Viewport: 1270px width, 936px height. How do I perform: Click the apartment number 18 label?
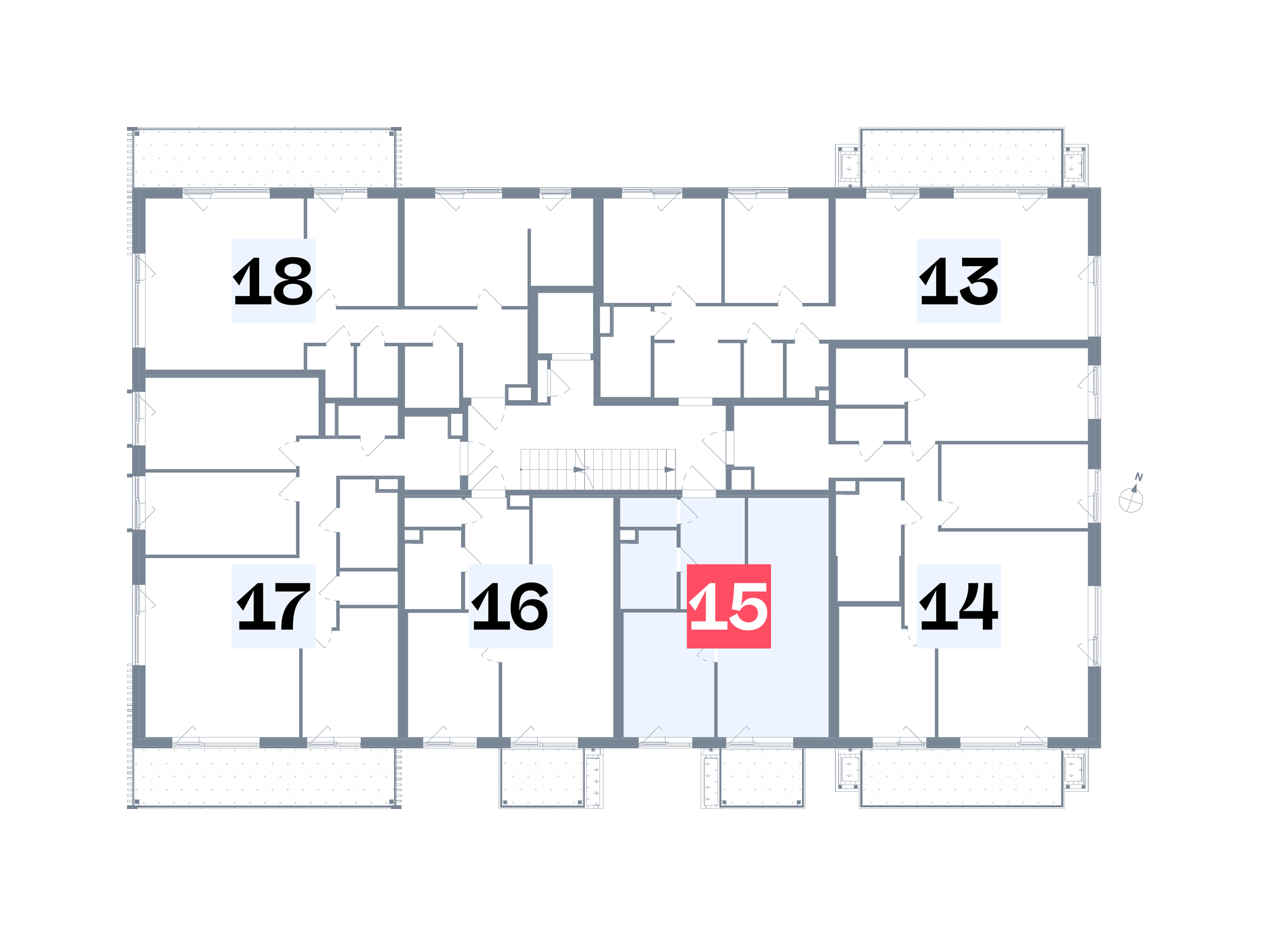(273, 281)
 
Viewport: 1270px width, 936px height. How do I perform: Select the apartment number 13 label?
(959, 281)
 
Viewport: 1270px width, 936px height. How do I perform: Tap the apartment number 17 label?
(273, 606)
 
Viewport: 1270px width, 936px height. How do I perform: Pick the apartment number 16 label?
(511, 606)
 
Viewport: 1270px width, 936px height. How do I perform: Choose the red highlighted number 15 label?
(729, 606)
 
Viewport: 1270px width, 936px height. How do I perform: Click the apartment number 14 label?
(959, 606)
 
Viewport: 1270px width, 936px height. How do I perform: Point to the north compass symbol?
(1131, 498)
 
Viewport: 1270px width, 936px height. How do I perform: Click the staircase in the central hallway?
(598, 469)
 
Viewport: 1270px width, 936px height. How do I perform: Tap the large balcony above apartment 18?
(264, 158)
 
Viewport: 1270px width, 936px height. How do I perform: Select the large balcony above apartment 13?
(962, 158)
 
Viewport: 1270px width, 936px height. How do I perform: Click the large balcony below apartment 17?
(264, 777)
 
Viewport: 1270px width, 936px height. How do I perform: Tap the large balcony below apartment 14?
(962, 777)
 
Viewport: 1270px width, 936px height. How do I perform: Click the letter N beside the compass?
(1139, 477)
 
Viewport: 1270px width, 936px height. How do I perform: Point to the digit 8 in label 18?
(290, 281)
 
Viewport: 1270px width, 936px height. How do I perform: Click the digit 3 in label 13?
(976, 281)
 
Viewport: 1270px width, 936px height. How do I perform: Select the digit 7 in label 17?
(289, 607)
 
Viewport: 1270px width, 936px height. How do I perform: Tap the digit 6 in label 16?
(526, 607)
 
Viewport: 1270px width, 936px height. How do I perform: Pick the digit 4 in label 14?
(976, 607)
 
